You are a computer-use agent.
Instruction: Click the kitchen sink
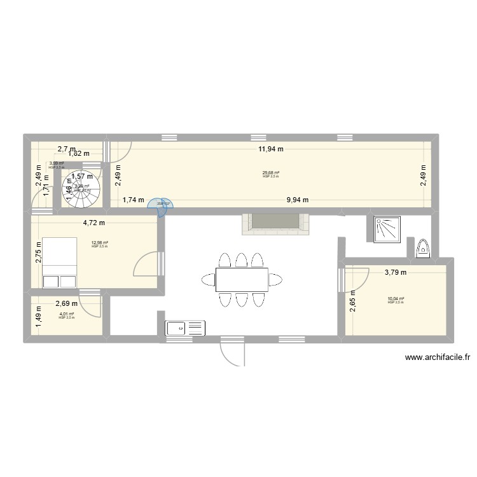[x=186, y=328]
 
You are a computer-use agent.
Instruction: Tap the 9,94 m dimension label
[x=297, y=200]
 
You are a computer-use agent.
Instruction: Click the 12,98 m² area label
[x=100, y=243]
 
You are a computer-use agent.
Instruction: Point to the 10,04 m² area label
[x=396, y=299]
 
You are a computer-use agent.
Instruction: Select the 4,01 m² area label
[x=66, y=314]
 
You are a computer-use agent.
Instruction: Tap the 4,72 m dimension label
[x=93, y=223]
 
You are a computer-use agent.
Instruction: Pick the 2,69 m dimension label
[x=67, y=304]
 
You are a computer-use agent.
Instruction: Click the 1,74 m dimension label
[x=132, y=200]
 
